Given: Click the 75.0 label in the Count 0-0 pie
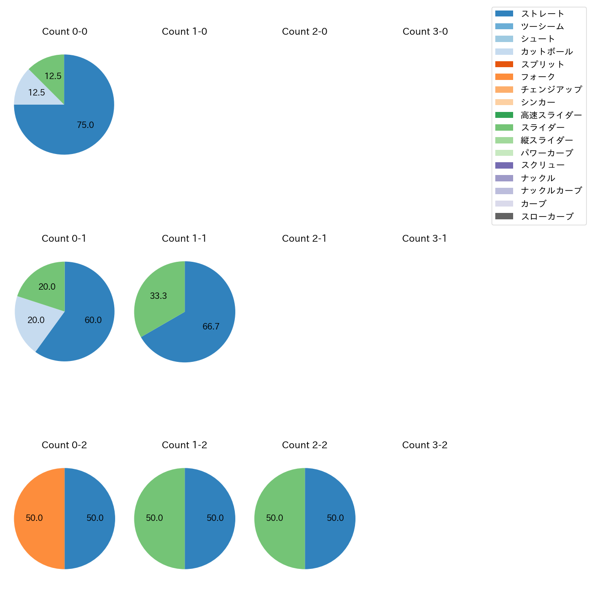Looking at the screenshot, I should pyautogui.click(x=85, y=125).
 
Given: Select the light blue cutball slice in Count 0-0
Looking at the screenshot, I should pyautogui.click(x=32, y=91).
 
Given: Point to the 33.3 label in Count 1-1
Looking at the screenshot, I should pyautogui.click(x=159, y=296).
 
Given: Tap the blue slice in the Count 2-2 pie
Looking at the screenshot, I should pyautogui.click(x=331, y=518).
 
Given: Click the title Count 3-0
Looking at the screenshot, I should pyautogui.click(x=425, y=32).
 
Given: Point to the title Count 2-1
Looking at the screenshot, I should pyautogui.click(x=304, y=239).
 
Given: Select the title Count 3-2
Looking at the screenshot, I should pyautogui.click(x=425, y=445).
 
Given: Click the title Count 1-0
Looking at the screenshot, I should pyautogui.click(x=185, y=32).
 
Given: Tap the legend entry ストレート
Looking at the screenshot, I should pyautogui.click(x=542, y=14).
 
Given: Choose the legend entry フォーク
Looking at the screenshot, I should pyautogui.click(x=538, y=77).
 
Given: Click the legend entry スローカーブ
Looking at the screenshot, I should pyautogui.click(x=547, y=217).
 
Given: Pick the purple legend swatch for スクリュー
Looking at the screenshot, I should pyautogui.click(x=504, y=165).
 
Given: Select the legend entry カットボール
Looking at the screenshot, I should pyautogui.click(x=546, y=52).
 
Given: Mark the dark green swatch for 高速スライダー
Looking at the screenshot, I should pyautogui.click(x=504, y=115).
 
